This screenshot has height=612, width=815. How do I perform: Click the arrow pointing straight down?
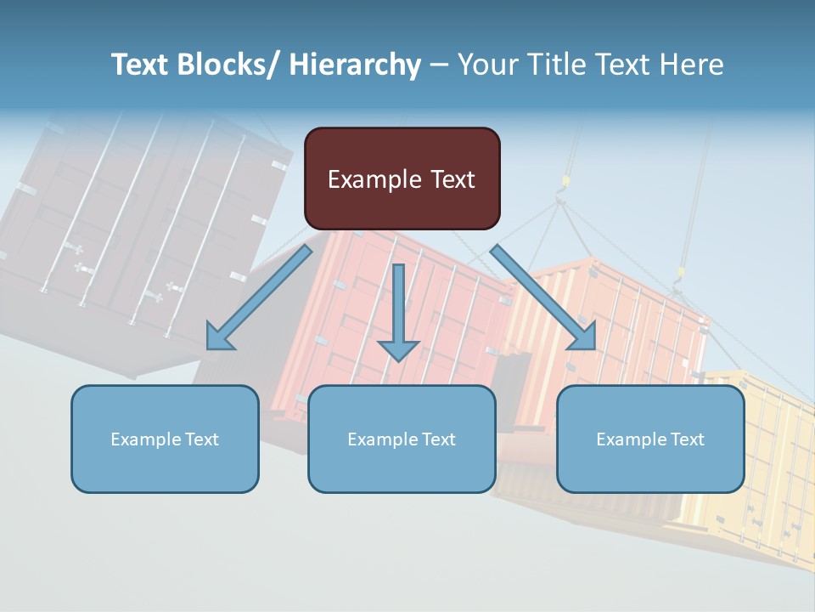(398, 314)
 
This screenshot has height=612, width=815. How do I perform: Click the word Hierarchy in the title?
(355, 65)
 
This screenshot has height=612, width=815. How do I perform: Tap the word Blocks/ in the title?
(230, 65)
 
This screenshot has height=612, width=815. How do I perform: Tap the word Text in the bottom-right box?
(687, 439)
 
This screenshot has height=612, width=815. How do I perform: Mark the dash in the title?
(439, 65)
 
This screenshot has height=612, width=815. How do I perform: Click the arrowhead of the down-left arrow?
(219, 338)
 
